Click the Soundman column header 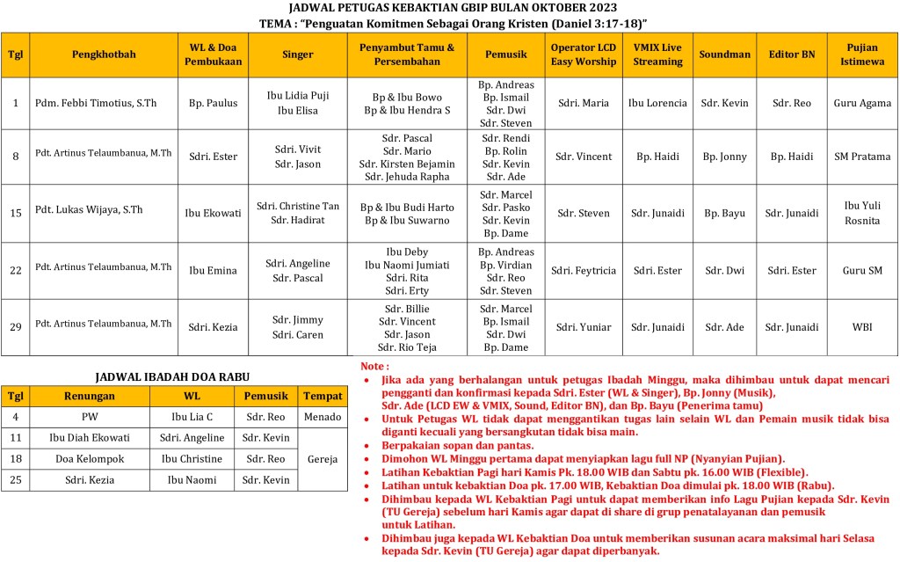724,55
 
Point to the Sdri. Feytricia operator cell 584,271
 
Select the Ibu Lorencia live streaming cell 657,103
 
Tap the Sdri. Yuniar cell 584,327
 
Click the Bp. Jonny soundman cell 724,157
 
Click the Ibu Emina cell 213,271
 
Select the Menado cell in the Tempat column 321,417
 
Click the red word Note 374,366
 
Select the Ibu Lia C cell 192,417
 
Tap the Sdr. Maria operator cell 584,103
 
